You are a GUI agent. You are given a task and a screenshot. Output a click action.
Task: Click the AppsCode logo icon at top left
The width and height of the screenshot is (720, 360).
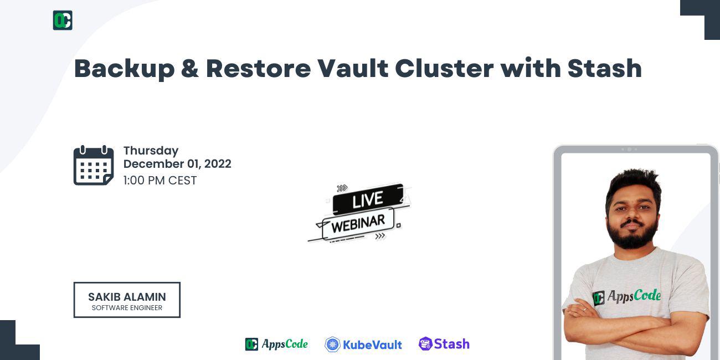pyautogui.click(x=63, y=20)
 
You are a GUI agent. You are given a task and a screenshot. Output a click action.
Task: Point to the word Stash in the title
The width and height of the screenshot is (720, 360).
pyautogui.click(x=604, y=69)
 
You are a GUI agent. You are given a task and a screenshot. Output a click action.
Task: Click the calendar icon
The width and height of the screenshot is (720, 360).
pyautogui.click(x=94, y=166)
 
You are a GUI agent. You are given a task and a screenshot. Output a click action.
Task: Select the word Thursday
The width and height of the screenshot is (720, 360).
pyautogui.click(x=151, y=151)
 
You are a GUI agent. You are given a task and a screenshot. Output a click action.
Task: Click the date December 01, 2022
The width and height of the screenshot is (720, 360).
pyautogui.click(x=177, y=164)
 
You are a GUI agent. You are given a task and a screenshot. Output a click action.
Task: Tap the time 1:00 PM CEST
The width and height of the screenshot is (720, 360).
pyautogui.click(x=160, y=181)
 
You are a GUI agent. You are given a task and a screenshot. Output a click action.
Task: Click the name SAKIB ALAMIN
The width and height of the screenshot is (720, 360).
pyautogui.click(x=127, y=297)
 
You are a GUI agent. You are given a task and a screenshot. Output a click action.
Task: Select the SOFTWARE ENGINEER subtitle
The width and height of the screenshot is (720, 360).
pyautogui.click(x=127, y=308)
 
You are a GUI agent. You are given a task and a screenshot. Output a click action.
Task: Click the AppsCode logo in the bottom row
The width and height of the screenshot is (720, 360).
pyautogui.click(x=276, y=344)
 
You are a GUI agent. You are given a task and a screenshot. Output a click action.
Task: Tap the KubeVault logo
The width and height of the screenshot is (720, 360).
pyautogui.click(x=363, y=344)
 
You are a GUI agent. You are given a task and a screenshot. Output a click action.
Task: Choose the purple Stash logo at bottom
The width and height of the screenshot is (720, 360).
pyautogui.click(x=444, y=344)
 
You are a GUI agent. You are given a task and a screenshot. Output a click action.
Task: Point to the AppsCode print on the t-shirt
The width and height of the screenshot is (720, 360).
pyautogui.click(x=627, y=297)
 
